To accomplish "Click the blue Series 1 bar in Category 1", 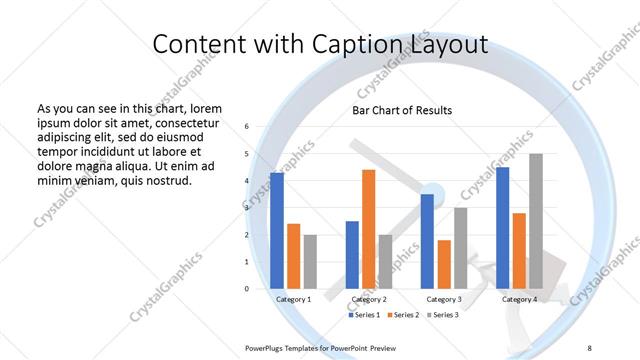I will point(277,231).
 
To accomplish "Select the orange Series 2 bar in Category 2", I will point(368,229).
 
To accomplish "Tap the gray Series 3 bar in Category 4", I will point(535,221).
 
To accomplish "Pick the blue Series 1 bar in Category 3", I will point(427,241).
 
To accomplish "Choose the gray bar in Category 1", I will point(310,262).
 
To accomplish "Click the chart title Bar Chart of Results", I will point(402,110).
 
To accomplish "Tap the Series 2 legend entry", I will point(404,315).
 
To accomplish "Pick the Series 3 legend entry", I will point(442,315).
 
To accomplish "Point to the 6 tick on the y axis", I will point(247,127).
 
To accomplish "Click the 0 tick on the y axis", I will point(247,289).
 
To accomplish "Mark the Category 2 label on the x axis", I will point(369,299).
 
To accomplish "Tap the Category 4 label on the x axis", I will point(519,299).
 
